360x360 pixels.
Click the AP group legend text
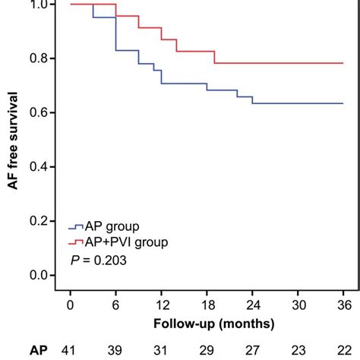(114, 226)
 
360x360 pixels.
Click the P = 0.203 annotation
(96, 260)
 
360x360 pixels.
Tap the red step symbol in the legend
(76, 242)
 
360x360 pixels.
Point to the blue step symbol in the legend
(76, 226)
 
